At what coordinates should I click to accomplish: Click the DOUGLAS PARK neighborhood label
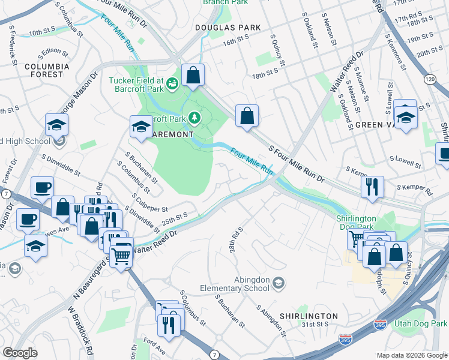click(228, 28)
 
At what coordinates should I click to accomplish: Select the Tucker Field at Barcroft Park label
click(136, 85)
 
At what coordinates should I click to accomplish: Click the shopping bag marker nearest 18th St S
click(247, 116)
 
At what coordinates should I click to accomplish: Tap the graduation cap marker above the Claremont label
click(141, 127)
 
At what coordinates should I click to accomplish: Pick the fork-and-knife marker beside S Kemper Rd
click(372, 186)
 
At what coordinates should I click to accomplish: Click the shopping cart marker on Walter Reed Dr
click(121, 256)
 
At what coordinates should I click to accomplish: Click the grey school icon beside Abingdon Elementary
click(278, 282)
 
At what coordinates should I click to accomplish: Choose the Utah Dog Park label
click(420, 324)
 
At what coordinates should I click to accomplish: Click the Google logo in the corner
click(20, 353)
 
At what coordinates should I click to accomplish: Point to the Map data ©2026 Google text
click(411, 355)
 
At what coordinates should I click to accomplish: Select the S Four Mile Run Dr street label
click(296, 163)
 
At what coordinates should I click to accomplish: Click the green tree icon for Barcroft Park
click(194, 116)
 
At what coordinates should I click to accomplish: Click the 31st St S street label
click(315, 325)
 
